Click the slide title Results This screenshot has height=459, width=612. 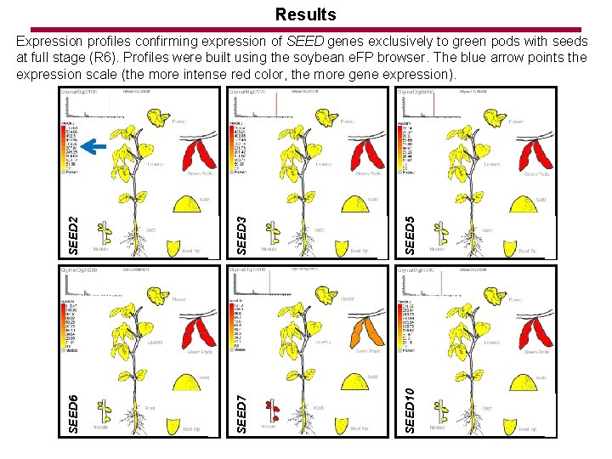pyautogui.click(x=306, y=14)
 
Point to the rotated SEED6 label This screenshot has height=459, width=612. pyautogui.click(x=74, y=413)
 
